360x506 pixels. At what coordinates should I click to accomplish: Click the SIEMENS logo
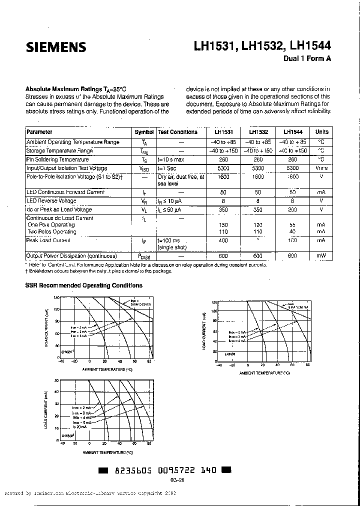[x=56, y=47]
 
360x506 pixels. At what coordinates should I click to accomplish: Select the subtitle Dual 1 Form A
[x=306, y=58]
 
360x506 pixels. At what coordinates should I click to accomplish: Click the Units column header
[x=321, y=132]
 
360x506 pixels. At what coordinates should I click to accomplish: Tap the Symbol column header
[x=144, y=132]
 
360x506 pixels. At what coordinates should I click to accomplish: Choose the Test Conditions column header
[x=177, y=132]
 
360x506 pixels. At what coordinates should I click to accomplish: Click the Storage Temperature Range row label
[x=59, y=150]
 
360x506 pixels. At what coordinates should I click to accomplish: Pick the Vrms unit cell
[x=321, y=168]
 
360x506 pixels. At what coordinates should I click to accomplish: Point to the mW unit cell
[x=321, y=256]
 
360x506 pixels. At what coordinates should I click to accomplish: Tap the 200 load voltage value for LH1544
[x=292, y=210]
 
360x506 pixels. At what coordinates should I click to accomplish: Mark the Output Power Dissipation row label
[x=71, y=256]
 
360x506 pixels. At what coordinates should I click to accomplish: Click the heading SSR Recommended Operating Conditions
[x=83, y=285]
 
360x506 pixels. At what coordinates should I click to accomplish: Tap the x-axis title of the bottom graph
[x=107, y=452]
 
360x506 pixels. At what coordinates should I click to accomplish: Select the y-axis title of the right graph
[x=204, y=331]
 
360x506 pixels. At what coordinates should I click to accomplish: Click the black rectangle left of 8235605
[x=103, y=470]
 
